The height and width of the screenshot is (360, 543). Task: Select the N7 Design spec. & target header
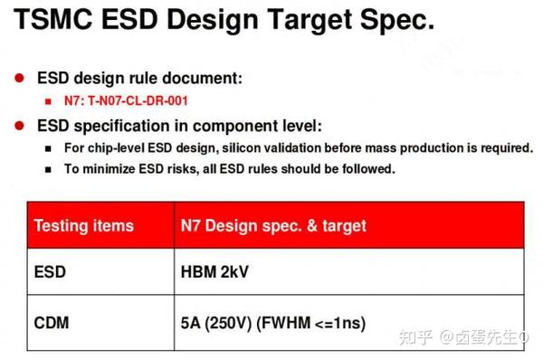click(x=274, y=226)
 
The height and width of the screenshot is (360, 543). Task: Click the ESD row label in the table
click(x=51, y=271)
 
